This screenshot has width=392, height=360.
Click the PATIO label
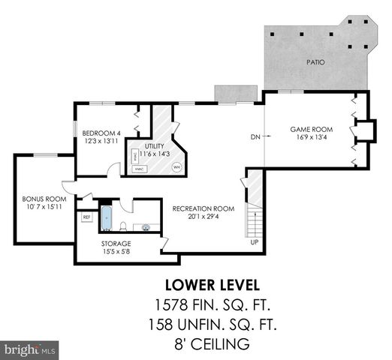coord(315,62)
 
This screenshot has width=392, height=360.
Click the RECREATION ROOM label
coord(204,208)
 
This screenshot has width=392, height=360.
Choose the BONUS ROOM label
coord(44,199)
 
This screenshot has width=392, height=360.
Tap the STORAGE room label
coord(116,244)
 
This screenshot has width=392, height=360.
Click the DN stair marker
coord(255,137)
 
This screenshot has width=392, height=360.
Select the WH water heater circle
coord(176,166)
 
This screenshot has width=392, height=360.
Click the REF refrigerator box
coord(86,217)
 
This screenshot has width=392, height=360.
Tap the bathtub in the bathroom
coord(106,218)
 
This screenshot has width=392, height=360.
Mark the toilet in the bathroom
coord(123,224)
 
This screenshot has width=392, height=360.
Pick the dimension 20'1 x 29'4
coord(204,217)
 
